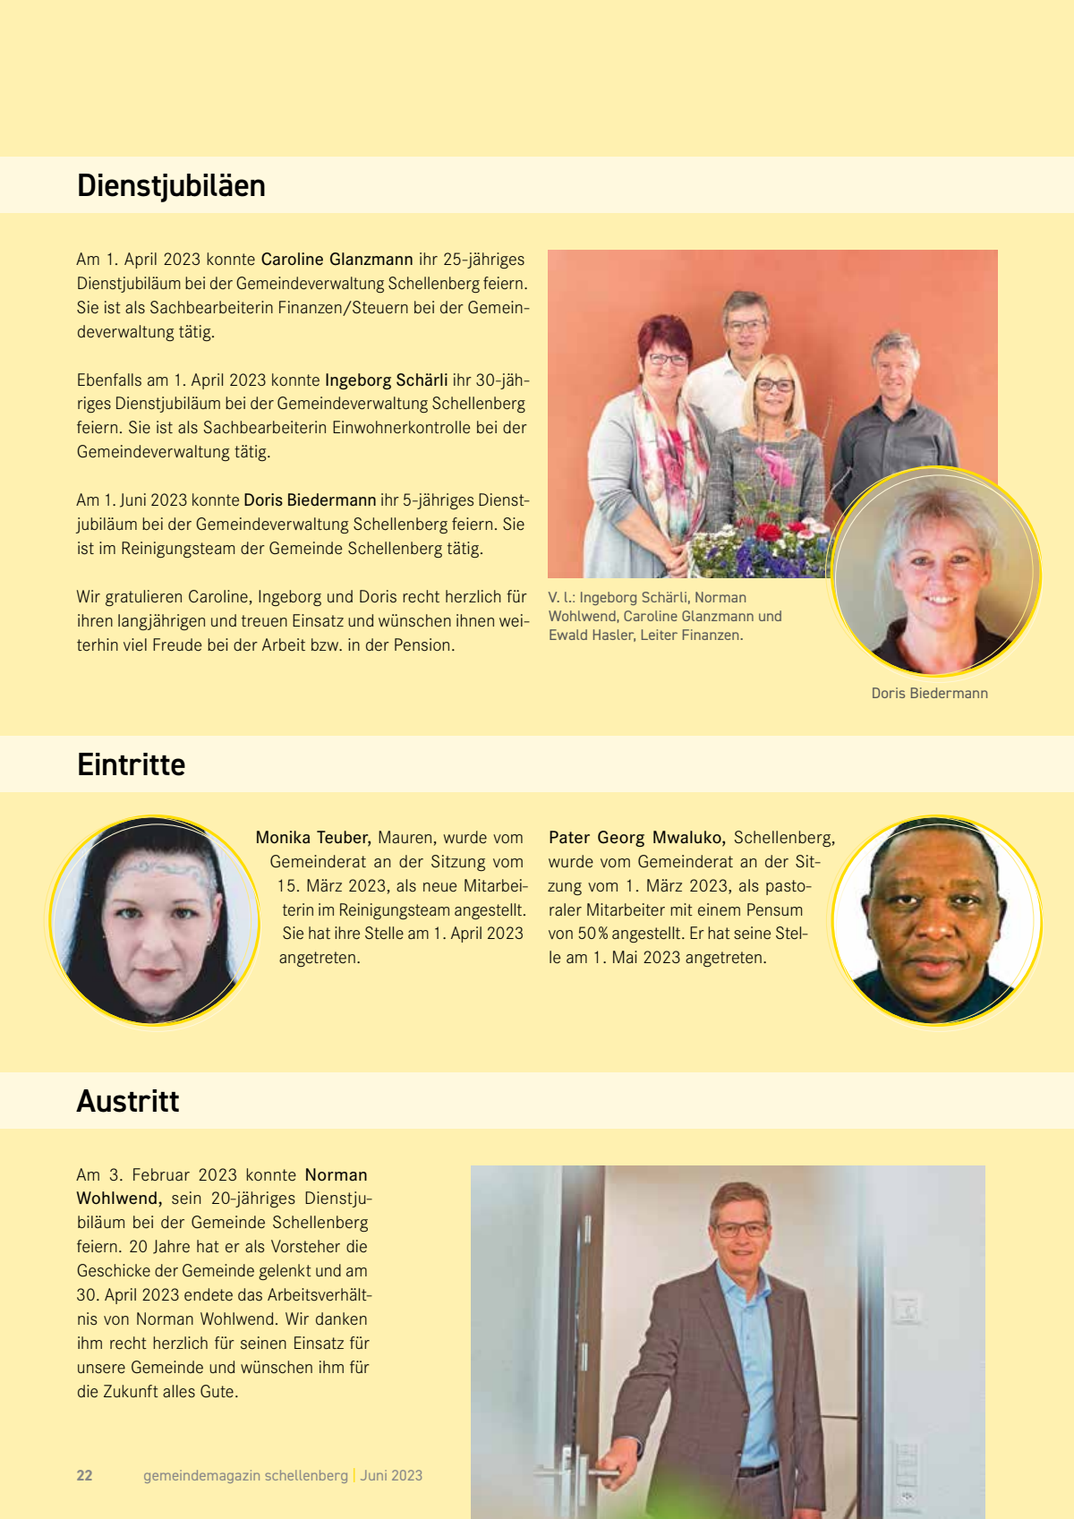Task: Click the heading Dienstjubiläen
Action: click(x=171, y=186)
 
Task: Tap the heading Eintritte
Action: click(x=131, y=765)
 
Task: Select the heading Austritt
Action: click(x=128, y=1102)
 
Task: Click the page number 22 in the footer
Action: click(x=85, y=1476)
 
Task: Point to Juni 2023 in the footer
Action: click(x=391, y=1476)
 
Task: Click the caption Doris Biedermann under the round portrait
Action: click(x=929, y=694)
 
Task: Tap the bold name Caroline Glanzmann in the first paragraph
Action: click(x=337, y=260)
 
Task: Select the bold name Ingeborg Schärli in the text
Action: click(x=386, y=380)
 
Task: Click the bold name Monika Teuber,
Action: click(x=313, y=838)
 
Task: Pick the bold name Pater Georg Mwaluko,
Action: click(x=636, y=838)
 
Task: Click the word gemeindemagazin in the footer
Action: click(x=201, y=1476)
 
